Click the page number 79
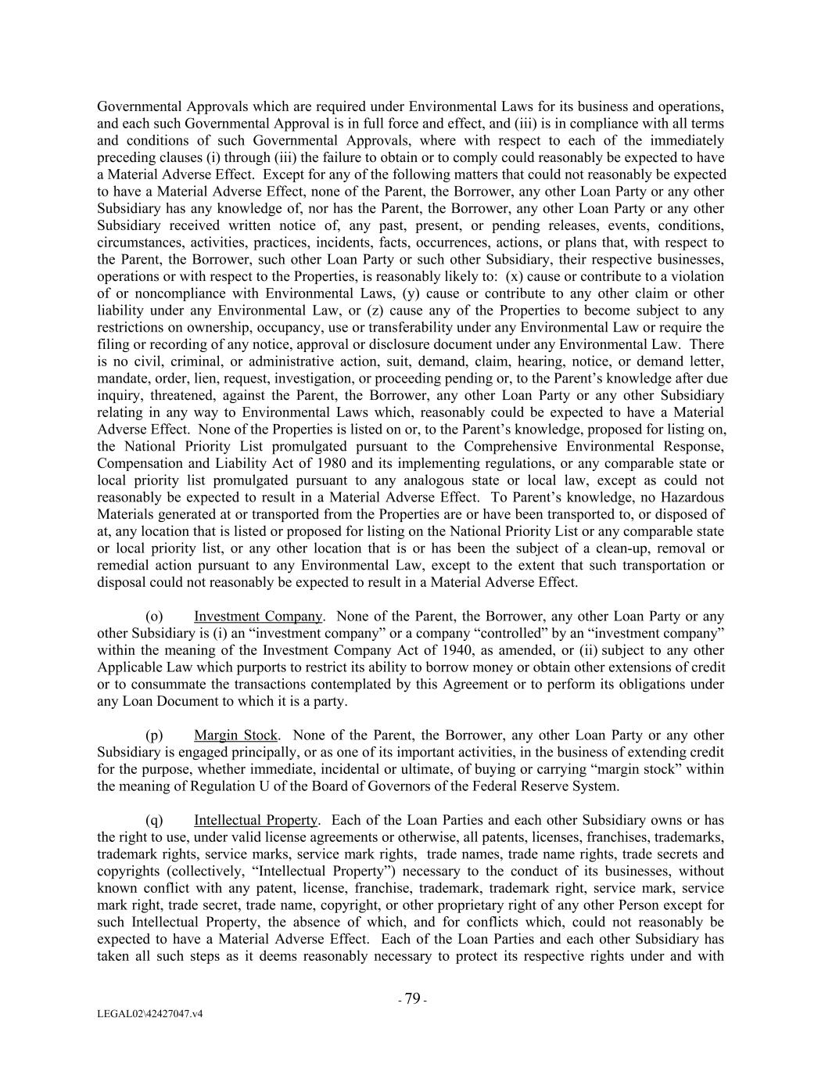(412, 998)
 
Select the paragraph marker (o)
(154, 617)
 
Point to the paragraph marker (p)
(154, 735)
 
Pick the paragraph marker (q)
(154, 821)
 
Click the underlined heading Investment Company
(258, 617)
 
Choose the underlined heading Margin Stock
(235, 735)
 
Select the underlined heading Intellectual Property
(256, 821)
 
